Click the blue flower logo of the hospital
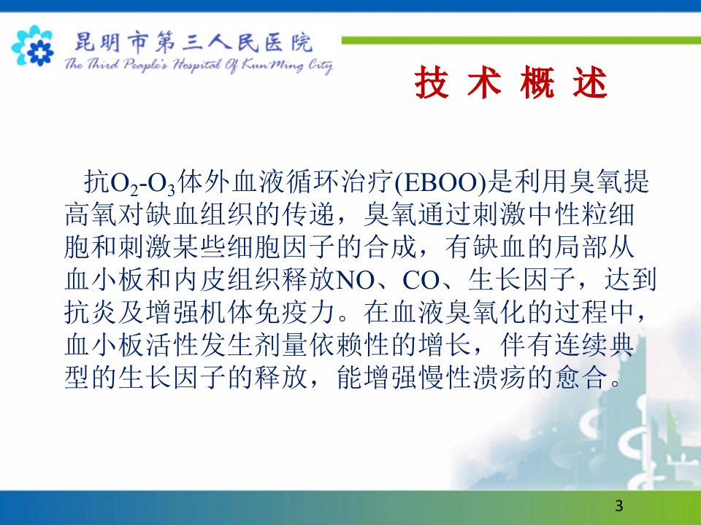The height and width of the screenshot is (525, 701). click(x=33, y=46)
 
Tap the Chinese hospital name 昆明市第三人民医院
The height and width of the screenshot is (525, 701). click(x=193, y=42)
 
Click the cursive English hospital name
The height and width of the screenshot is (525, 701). click(x=199, y=65)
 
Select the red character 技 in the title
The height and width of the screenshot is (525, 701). click(x=432, y=82)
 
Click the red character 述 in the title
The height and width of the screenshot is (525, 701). click(x=590, y=82)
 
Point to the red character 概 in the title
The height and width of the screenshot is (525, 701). click(x=537, y=82)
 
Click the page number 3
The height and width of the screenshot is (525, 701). click(x=619, y=505)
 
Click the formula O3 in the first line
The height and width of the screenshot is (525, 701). click(x=161, y=184)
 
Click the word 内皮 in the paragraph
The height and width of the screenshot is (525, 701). click(x=200, y=279)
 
